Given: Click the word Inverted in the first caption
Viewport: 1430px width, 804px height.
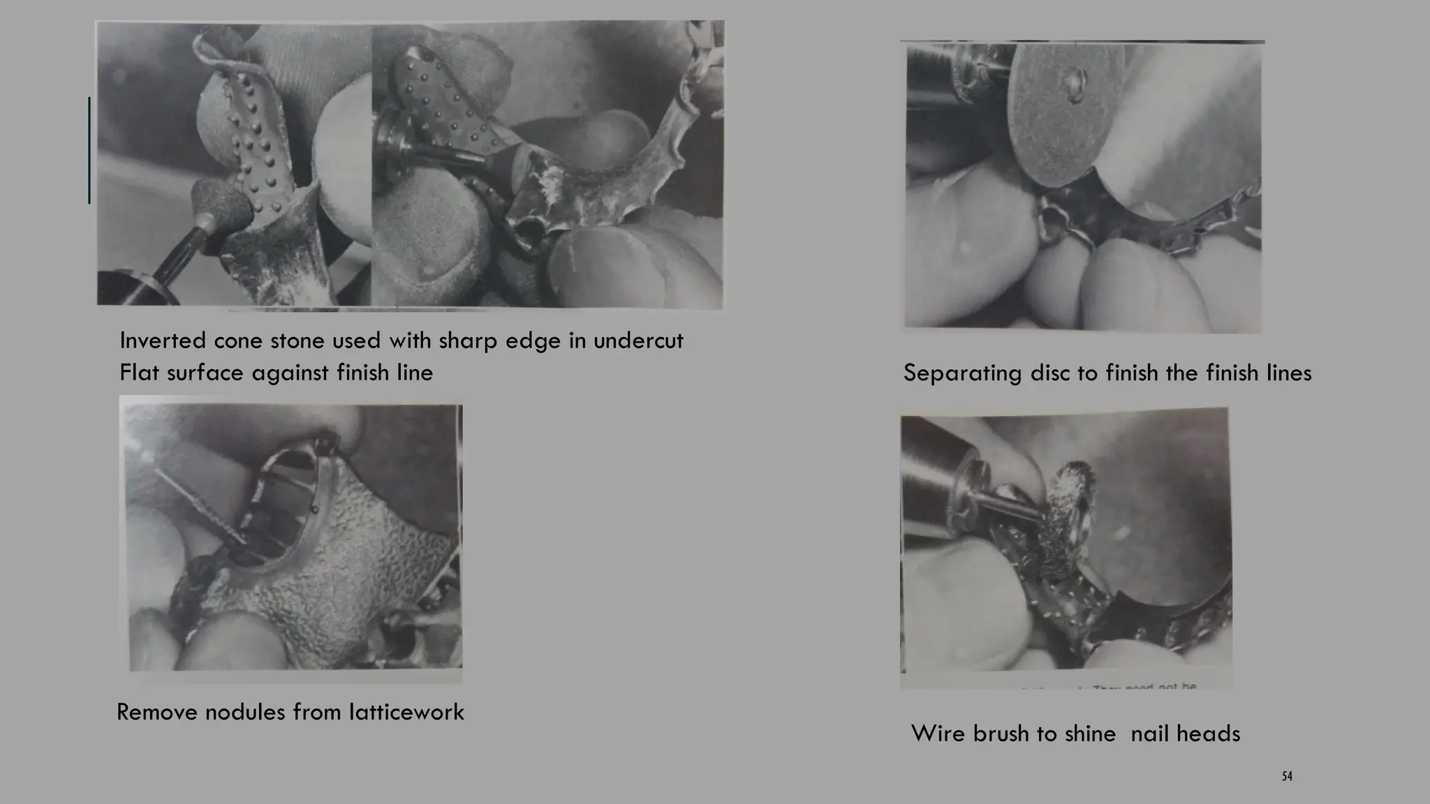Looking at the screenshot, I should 163,341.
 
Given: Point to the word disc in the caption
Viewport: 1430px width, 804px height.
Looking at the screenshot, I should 1051,373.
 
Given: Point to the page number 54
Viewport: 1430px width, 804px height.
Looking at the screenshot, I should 1287,776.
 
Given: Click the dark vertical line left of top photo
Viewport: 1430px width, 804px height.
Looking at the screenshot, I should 89,150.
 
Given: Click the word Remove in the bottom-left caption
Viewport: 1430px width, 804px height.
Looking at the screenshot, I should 157,713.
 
